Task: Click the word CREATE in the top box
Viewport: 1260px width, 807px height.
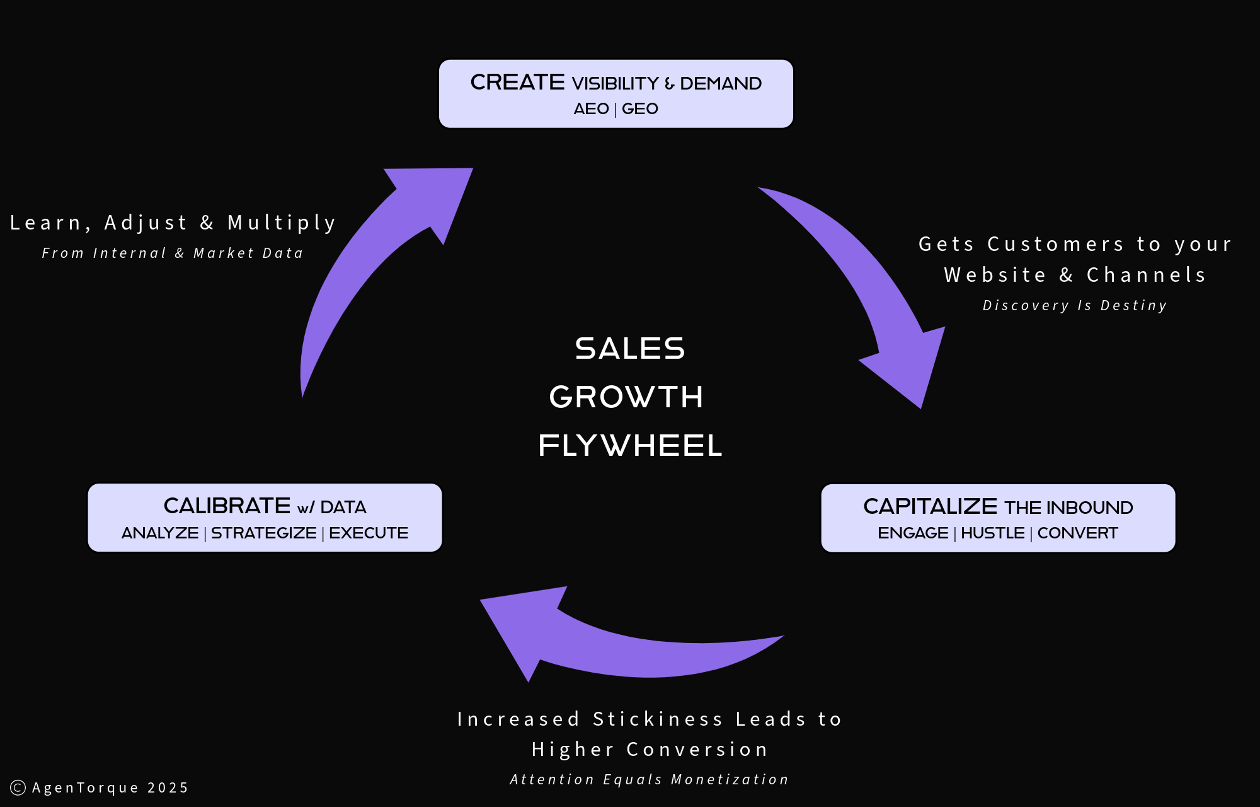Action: [x=517, y=83]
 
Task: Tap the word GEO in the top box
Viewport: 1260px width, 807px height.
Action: [x=639, y=109]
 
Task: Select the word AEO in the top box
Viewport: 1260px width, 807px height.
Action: [x=591, y=109]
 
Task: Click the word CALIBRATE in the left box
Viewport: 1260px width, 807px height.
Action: [x=227, y=506]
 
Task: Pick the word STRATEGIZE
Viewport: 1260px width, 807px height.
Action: [x=263, y=533]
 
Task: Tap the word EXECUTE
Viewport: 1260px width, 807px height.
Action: [x=369, y=533]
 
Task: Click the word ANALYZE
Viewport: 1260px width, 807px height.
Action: [x=160, y=533]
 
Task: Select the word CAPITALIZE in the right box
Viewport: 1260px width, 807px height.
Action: [x=930, y=506]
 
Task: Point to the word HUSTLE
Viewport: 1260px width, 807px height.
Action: [x=992, y=533]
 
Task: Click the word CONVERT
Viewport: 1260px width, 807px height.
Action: [x=1077, y=533]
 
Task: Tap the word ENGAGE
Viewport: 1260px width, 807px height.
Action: [x=913, y=533]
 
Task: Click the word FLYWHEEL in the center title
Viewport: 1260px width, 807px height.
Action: [x=630, y=446]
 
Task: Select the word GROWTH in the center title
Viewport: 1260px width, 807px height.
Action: [x=626, y=397]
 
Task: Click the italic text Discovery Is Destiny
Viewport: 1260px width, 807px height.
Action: [x=1075, y=306]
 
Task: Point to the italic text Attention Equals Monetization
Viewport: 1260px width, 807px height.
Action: [x=649, y=780]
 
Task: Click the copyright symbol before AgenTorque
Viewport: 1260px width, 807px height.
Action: [x=18, y=787]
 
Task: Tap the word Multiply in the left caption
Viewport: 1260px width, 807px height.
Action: [x=282, y=223]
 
